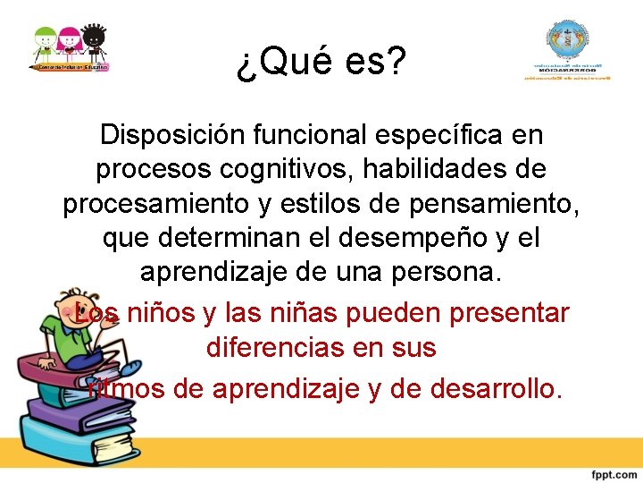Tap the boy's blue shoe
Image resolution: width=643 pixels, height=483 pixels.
coord(130,367)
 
